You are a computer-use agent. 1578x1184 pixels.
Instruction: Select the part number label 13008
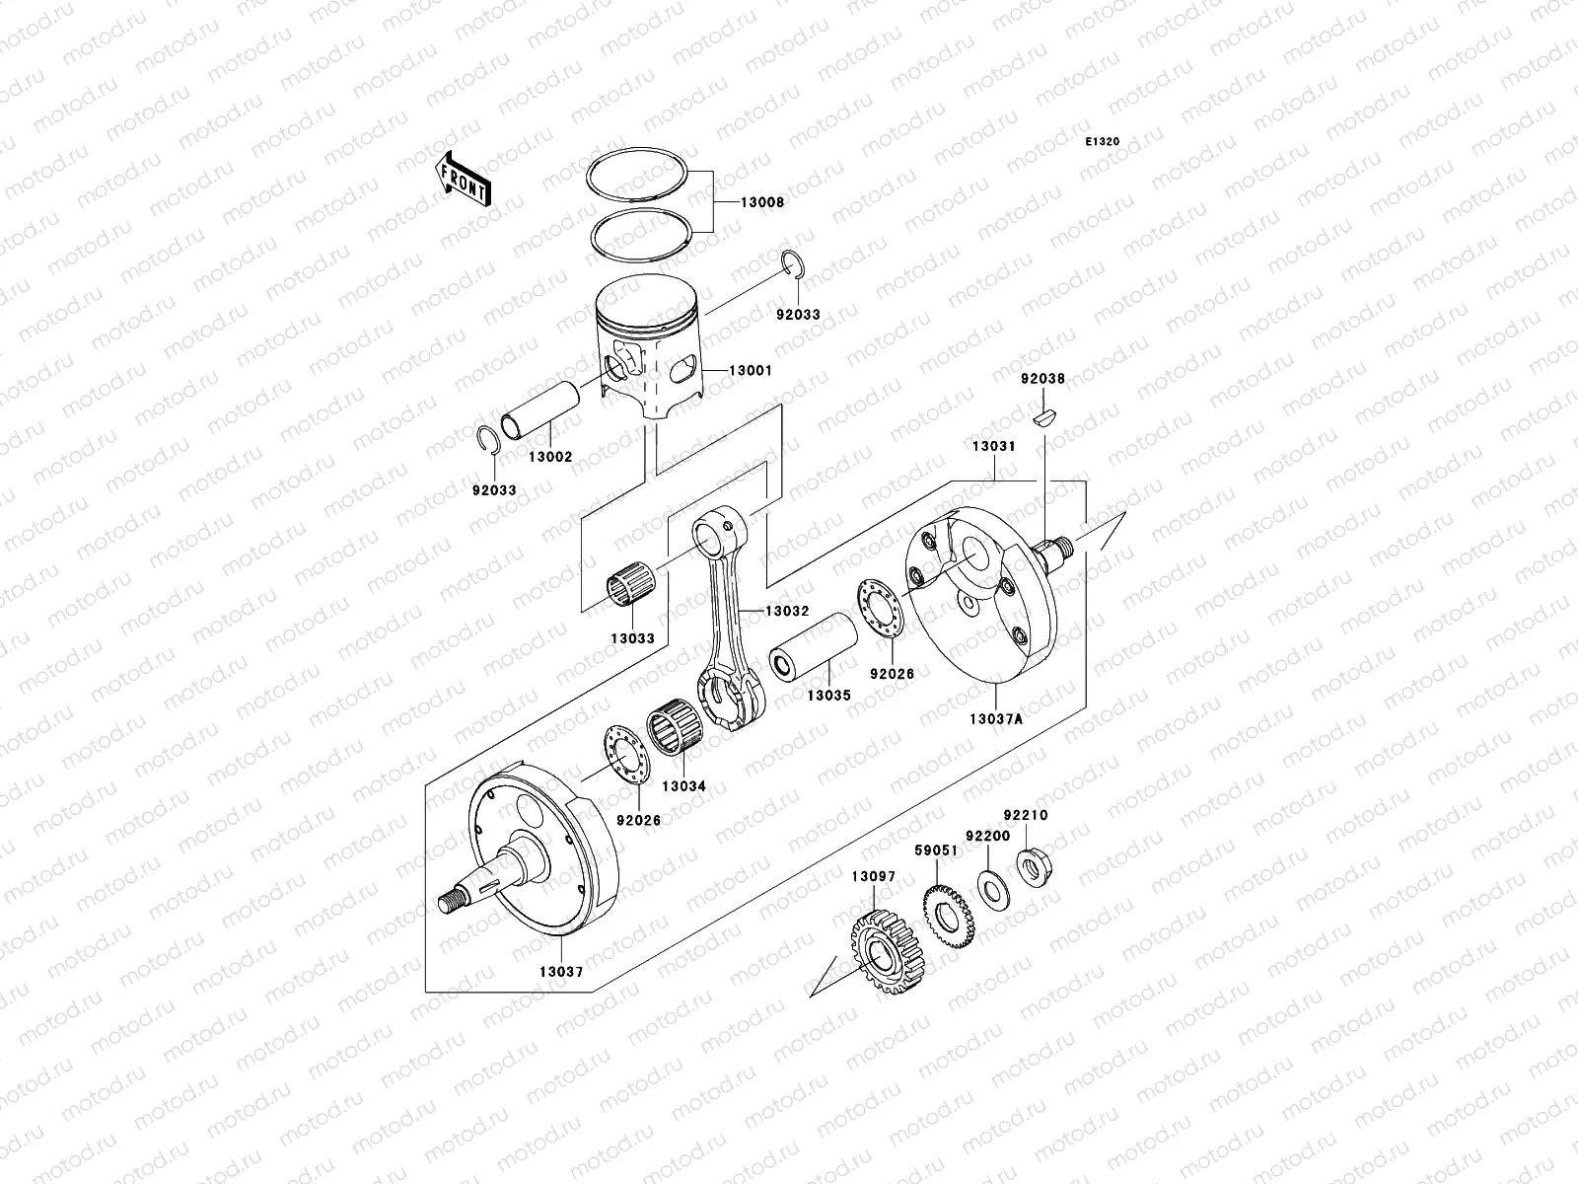tap(762, 202)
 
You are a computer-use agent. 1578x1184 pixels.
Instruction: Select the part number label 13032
tap(786, 612)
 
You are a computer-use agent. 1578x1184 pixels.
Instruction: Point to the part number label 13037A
tap(995, 719)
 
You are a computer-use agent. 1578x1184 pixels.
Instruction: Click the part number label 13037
tap(560, 971)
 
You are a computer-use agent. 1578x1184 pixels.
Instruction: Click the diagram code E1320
tap(1103, 142)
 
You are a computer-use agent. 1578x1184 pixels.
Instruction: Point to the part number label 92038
tap(1042, 378)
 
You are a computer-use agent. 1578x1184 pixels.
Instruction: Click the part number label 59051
tap(935, 850)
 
